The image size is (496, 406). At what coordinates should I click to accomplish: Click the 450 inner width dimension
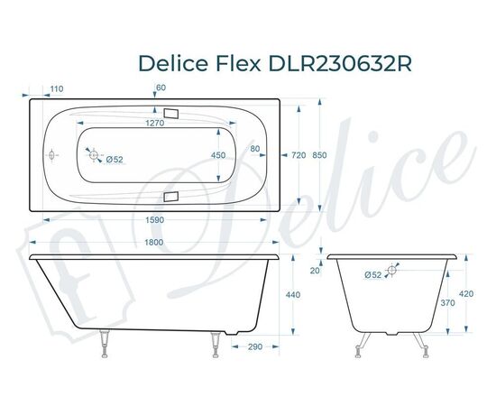218,156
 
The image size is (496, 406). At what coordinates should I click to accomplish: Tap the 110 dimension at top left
56,88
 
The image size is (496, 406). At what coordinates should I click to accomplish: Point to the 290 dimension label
255,346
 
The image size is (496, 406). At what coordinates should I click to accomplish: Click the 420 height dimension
465,294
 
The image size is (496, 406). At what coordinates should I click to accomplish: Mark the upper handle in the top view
173,115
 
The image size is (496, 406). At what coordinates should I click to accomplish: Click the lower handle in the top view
173,195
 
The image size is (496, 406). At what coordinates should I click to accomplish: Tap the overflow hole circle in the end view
393,270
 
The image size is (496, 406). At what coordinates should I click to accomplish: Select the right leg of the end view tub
418,341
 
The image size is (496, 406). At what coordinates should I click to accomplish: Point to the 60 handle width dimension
161,88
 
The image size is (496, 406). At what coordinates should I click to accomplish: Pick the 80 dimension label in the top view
255,149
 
